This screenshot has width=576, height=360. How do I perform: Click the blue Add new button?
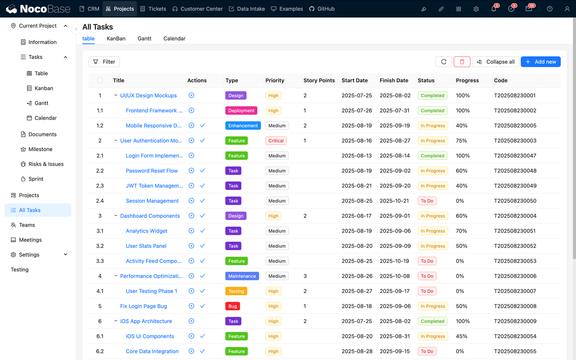(540, 62)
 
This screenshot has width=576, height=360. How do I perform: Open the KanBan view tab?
(116, 38)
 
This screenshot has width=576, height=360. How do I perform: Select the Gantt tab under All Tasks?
(144, 38)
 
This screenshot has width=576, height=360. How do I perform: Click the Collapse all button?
(495, 62)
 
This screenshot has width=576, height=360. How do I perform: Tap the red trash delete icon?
(462, 62)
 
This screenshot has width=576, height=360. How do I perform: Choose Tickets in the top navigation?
(153, 9)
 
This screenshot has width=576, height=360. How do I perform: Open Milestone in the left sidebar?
(40, 149)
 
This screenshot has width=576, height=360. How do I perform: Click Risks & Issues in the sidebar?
(46, 164)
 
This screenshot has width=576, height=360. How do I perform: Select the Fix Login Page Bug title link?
(143, 306)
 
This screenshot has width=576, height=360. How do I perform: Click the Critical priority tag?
(276, 140)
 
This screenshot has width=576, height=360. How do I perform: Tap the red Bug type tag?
(233, 306)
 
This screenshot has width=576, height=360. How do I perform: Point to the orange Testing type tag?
(236, 291)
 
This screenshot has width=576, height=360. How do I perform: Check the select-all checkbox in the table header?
(100, 81)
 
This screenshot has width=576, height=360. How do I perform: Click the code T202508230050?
(515, 201)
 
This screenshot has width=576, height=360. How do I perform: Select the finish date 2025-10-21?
(395, 201)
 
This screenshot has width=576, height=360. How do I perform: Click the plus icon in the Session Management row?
(191, 201)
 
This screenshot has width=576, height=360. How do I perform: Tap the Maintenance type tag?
(242, 276)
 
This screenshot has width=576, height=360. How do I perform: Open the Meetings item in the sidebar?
(30, 240)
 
